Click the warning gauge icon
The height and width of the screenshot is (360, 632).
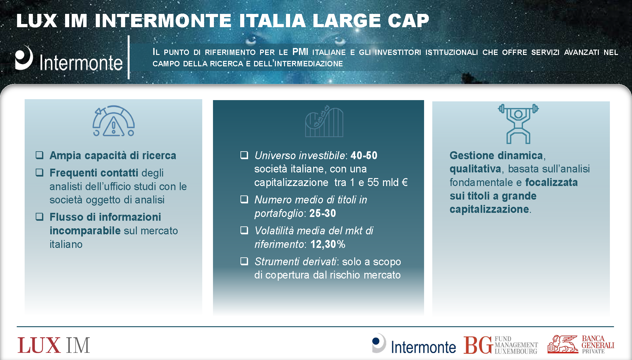pos(113,121)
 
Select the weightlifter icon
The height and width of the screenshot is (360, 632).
pos(518,124)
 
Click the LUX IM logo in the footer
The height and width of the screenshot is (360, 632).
pos(54,345)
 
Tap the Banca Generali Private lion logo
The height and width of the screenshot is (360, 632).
pos(563,344)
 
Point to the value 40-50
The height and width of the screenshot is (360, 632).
pos(364,155)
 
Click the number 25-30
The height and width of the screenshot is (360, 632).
pos(323,213)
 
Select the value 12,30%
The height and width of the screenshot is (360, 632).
pos(328,244)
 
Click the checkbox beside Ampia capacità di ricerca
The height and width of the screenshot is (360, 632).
pos(39,155)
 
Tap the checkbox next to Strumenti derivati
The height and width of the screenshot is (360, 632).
pos(244,261)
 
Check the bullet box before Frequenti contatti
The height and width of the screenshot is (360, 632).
pos(39,172)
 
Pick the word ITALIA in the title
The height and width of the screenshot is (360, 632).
pos(272,21)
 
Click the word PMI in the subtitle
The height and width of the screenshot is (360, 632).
pos(300,51)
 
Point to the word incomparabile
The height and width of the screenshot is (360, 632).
pos(85,231)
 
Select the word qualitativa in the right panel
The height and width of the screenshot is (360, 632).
pos(475,169)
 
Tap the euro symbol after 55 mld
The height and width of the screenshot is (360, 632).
pos(404,182)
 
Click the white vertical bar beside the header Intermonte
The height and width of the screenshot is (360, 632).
pos(129,57)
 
